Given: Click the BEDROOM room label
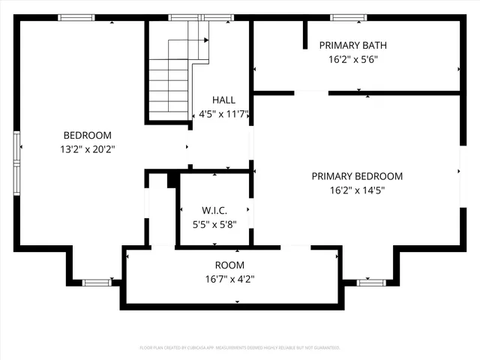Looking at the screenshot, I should click(87, 135).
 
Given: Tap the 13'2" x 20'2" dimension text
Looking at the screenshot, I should click(87, 148).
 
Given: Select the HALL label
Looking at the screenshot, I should click(223, 100).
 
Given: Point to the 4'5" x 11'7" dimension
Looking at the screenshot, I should click(223, 115).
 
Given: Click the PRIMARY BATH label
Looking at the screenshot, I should click(352, 45).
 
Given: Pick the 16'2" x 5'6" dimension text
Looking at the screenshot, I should click(352, 59).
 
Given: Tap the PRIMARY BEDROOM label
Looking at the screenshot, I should click(357, 176).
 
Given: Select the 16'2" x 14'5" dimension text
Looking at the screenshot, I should click(357, 190).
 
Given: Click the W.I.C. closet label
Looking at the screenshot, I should click(214, 210).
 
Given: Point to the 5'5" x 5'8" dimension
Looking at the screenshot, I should click(214, 223).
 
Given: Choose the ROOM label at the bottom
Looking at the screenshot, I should click(229, 265).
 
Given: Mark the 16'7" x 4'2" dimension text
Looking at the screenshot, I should click(229, 279).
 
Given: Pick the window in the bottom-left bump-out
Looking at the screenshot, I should click(96, 283).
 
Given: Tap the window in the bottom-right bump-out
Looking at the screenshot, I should click(370, 283).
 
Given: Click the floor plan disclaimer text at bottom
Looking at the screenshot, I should click(240, 348).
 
